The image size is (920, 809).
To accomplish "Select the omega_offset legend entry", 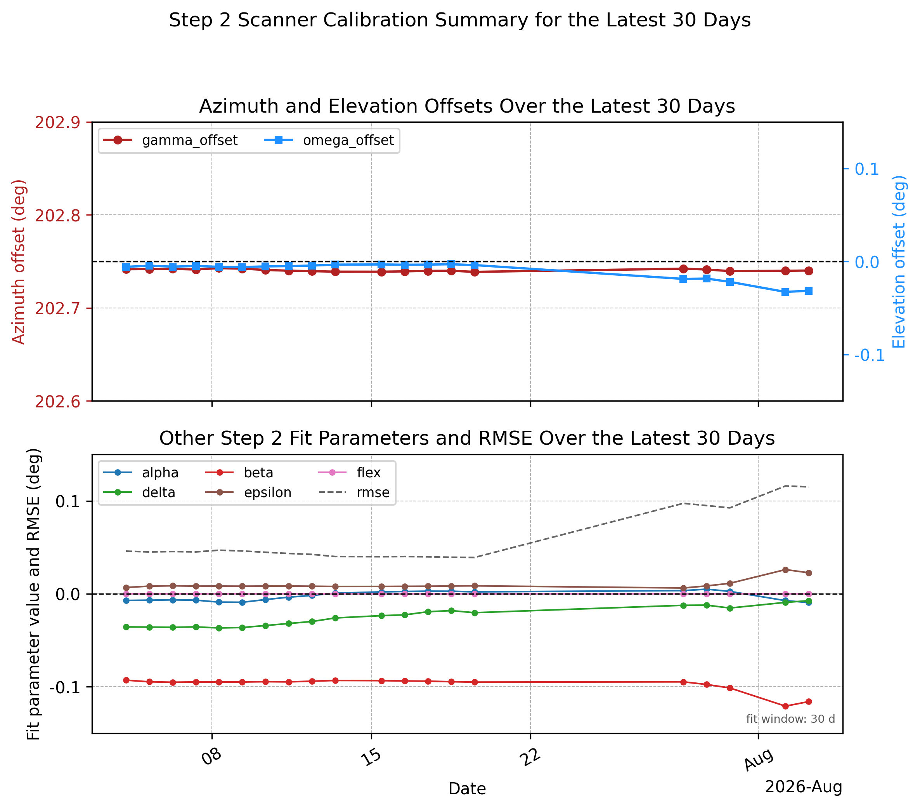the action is [x=329, y=140].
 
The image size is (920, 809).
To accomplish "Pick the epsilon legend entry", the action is [x=248, y=492].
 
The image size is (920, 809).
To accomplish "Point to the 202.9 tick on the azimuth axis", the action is [x=57, y=122].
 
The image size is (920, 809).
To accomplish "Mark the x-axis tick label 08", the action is [x=211, y=758].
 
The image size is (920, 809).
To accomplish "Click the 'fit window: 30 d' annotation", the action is [x=790, y=719].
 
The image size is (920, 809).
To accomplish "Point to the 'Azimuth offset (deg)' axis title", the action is [x=19, y=262].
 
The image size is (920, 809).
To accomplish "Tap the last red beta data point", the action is [x=808, y=701].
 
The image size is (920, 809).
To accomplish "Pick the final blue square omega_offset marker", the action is [x=808, y=291].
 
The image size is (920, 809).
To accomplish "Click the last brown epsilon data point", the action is [x=808, y=573].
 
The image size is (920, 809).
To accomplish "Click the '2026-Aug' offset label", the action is [x=804, y=787].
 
